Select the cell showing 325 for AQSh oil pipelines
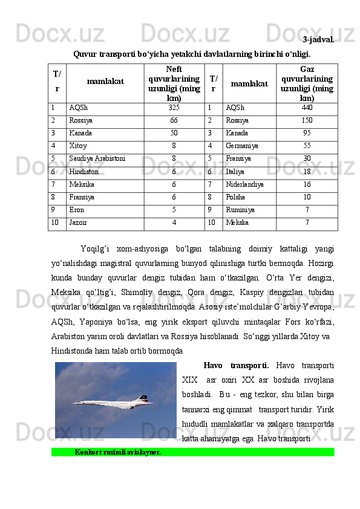[x=174, y=108]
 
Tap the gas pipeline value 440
[x=307, y=108]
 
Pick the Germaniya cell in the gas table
[x=241, y=146]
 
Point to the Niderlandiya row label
[x=244, y=184]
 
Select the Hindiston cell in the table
[x=83, y=171]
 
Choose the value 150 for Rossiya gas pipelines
[x=307, y=120]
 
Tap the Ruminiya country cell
[x=240, y=209]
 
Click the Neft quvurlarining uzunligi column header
[x=174, y=83]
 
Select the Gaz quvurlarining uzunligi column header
[x=307, y=83]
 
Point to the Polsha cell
[x=235, y=196]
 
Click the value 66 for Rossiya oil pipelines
[x=174, y=120]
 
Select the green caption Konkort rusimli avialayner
[x=118, y=452]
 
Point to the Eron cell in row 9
[x=77, y=209]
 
